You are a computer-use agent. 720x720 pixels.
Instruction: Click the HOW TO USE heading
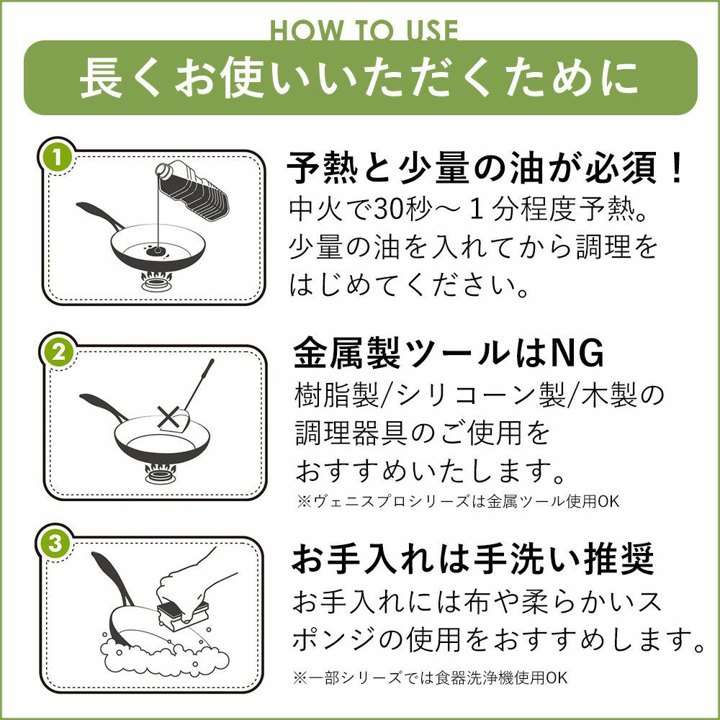pyautogui.click(x=364, y=31)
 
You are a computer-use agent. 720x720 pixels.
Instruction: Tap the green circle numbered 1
pyautogui.click(x=57, y=158)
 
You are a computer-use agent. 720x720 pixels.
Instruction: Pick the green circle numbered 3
pyautogui.click(x=55, y=544)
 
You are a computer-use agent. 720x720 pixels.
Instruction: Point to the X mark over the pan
pyautogui.click(x=168, y=418)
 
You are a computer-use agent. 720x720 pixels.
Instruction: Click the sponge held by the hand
pyautogui.click(x=183, y=611)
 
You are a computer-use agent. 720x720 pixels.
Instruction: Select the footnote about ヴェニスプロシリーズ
pyautogui.click(x=457, y=501)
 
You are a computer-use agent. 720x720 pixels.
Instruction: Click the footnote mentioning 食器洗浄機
pyautogui.click(x=430, y=678)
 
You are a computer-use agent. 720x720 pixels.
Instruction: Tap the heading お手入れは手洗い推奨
pyautogui.click(x=473, y=559)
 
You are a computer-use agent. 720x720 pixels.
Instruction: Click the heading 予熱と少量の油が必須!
pyautogui.click(x=485, y=168)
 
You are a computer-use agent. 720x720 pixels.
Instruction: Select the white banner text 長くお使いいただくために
pyautogui.click(x=359, y=78)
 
